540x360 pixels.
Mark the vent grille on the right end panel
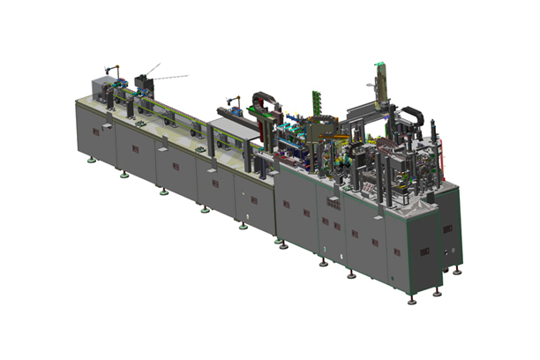pyautogui.click(x=447, y=229)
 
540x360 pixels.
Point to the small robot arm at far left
pyautogui.click(x=112, y=71)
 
